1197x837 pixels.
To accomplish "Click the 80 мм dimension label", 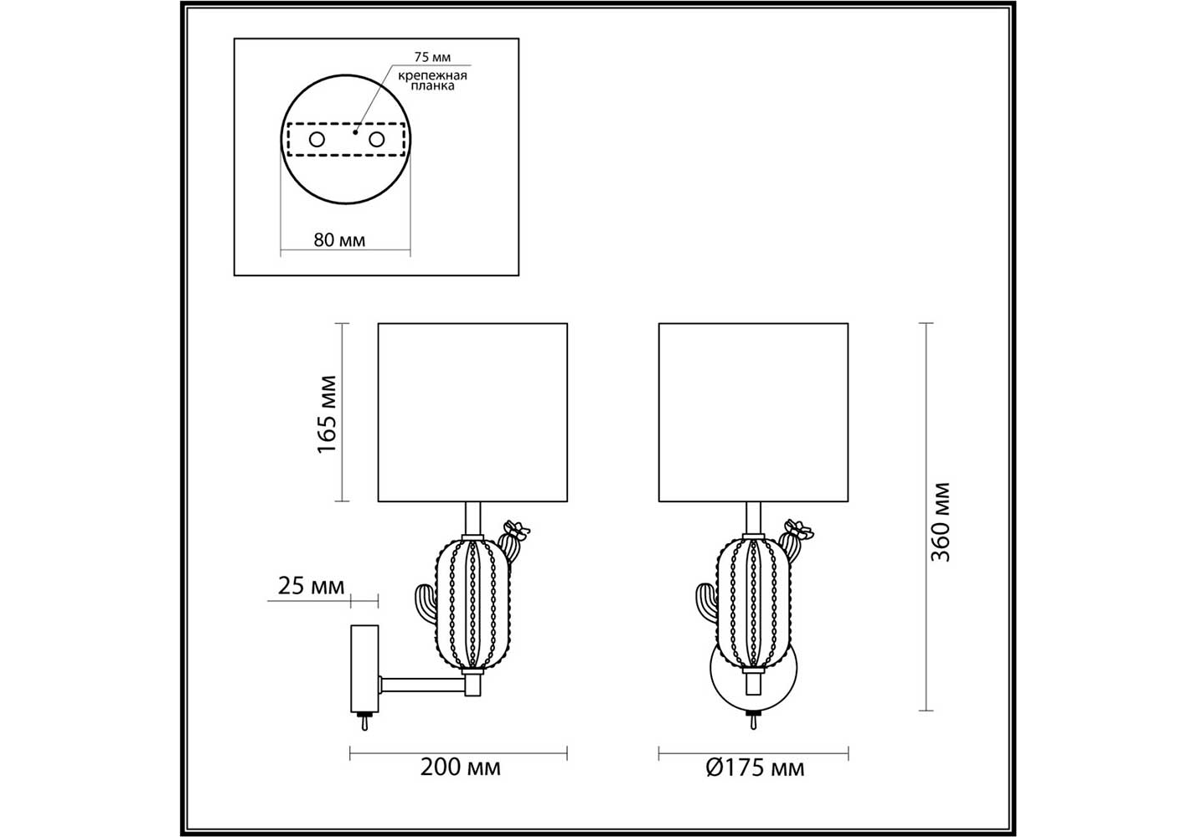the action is tap(339, 240).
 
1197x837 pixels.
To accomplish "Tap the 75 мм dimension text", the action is tap(432, 57).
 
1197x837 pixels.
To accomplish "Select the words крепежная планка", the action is tap(433, 80).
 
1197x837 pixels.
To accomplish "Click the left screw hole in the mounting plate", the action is tap(317, 140).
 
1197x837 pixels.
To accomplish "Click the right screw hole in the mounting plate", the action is tap(376, 140).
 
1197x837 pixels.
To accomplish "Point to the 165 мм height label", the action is tap(327, 414).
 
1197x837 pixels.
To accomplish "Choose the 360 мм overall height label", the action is tap(941, 522).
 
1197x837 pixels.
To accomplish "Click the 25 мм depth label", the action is tap(311, 586).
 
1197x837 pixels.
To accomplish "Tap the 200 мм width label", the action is tap(460, 768).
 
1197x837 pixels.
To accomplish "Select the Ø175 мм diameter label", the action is tap(755, 768).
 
